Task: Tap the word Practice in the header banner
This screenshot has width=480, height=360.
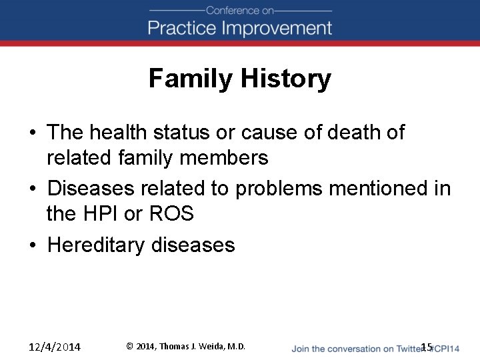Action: click(x=183, y=28)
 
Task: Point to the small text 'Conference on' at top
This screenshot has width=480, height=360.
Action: click(x=239, y=10)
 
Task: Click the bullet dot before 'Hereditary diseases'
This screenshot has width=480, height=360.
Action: click(x=33, y=245)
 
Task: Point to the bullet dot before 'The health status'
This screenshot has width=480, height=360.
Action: click(x=33, y=133)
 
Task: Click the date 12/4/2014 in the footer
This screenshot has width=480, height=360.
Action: click(x=55, y=347)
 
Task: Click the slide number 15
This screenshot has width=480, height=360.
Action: click(x=427, y=346)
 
